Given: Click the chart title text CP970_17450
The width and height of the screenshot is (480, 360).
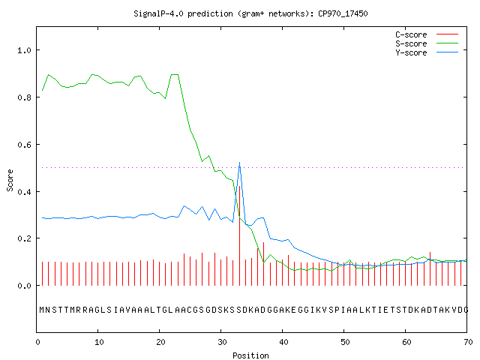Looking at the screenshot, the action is (343, 13).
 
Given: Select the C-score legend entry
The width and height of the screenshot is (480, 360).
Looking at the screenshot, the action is (427, 34).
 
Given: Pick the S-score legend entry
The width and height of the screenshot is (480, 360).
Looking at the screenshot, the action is (427, 43).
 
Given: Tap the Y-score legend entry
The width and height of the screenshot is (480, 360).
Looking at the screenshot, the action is (427, 52).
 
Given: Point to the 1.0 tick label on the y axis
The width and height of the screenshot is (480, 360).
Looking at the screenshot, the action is (24, 50).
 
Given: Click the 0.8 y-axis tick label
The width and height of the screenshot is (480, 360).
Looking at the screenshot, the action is (24, 97).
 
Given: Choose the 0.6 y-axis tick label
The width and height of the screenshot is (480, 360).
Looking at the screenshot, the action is (24, 145).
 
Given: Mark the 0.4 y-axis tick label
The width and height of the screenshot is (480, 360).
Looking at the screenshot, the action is (24, 192).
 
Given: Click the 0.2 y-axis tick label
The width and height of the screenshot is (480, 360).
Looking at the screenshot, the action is (24, 238).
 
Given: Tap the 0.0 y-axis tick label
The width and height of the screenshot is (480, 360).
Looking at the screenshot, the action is (24, 286).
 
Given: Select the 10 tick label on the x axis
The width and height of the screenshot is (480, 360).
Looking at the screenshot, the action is (99, 342).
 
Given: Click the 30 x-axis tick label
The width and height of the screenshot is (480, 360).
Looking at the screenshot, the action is (222, 342).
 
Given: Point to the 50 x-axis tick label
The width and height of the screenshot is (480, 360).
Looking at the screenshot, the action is (345, 342).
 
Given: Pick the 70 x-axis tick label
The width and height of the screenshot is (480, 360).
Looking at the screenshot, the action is (468, 342).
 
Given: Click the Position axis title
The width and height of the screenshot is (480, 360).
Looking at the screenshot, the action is (250, 355).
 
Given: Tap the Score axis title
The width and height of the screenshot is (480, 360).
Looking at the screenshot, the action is (10, 180).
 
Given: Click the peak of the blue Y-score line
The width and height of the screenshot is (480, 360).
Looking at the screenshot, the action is (239, 163).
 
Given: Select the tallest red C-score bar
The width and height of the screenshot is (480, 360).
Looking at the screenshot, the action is (239, 235).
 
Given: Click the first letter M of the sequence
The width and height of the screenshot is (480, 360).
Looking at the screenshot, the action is (42, 310).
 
